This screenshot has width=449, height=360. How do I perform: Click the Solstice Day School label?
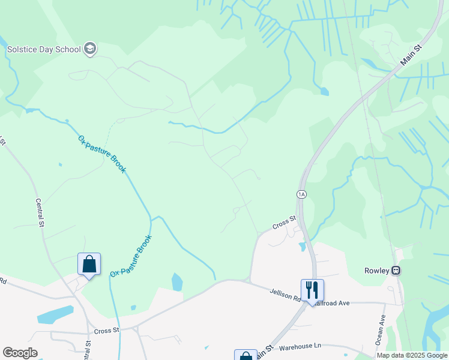(43, 49)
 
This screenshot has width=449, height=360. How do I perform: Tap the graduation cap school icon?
(90, 49)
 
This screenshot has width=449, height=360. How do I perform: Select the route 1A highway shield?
(301, 194)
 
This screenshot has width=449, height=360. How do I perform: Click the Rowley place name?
(377, 270)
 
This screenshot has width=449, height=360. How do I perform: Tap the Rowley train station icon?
(396, 270)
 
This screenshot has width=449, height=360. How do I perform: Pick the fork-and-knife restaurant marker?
(312, 290)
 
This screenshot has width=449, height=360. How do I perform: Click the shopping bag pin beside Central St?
(89, 264)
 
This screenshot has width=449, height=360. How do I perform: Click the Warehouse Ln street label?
(300, 346)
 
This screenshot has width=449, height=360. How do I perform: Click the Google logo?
(20, 353)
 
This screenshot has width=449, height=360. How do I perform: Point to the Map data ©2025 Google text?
(412, 355)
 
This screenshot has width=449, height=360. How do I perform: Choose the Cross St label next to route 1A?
(285, 223)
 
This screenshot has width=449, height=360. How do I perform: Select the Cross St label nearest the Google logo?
(106, 330)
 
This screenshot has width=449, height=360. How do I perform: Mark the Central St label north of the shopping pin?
(41, 213)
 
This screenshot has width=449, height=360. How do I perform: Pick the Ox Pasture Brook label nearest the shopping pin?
(131, 256)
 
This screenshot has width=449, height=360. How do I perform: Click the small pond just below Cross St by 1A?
(301, 247)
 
